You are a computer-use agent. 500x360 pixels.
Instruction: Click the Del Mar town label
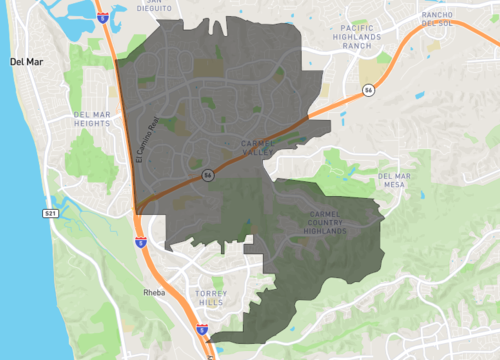tap(27, 62)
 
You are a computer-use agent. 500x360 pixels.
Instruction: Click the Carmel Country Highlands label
tap(334, 222)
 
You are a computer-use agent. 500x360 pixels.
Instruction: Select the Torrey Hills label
tap(211, 299)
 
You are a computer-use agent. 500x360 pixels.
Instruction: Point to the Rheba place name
tap(153, 294)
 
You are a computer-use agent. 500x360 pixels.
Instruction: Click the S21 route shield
tap(50, 213)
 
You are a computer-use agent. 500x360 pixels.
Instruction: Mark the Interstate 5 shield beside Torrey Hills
tap(202, 328)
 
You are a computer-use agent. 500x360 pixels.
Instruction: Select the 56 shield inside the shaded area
tap(208, 174)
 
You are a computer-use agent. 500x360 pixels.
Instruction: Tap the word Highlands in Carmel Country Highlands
tap(334, 231)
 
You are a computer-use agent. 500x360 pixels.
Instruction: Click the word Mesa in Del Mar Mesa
tap(397, 185)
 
